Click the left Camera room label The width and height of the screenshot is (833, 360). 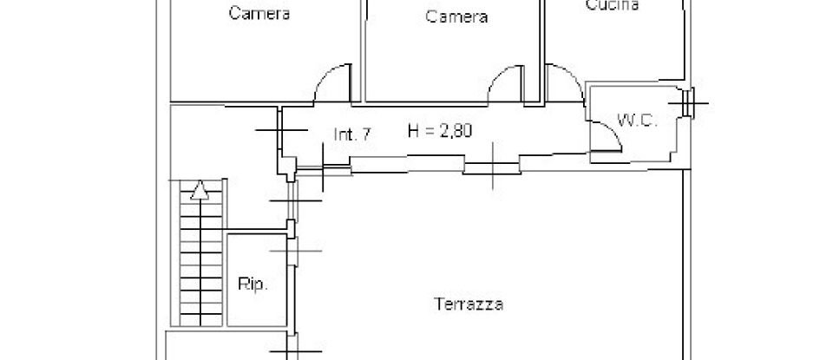click(259, 14)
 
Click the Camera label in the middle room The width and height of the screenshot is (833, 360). click(456, 16)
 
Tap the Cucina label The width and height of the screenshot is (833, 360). click(612, 5)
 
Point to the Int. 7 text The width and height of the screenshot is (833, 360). click(353, 134)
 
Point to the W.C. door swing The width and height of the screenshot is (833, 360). click(603, 136)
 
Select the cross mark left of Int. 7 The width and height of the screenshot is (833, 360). click(280, 129)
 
